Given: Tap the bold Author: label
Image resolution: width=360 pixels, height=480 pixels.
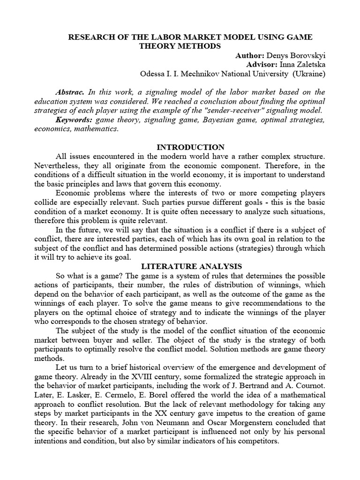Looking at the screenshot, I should (x=250, y=55).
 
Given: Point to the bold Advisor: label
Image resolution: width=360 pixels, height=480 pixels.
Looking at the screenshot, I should (x=262, y=64).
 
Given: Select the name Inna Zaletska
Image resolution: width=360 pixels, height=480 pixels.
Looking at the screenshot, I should (x=303, y=64).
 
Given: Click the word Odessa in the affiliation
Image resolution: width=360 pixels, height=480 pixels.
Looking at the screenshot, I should (x=152, y=74).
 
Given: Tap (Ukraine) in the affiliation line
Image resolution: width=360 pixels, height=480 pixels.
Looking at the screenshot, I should (x=308, y=74).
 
